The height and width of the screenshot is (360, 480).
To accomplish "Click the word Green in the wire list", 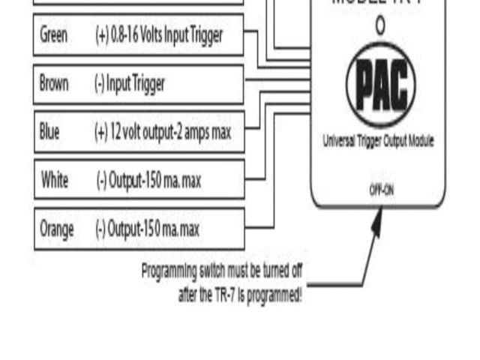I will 53,35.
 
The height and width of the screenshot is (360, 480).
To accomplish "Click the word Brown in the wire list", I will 55,84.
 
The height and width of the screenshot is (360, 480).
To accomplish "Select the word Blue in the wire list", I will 49,132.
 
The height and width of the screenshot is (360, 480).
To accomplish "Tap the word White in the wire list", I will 55,180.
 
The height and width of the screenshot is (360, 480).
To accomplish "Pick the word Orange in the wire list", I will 57,229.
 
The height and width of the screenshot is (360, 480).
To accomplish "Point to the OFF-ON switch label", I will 381,190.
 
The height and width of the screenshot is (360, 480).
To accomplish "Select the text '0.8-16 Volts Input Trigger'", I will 167,35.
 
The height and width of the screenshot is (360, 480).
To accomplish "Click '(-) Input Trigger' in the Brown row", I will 129,84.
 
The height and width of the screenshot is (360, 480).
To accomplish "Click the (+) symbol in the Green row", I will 101,35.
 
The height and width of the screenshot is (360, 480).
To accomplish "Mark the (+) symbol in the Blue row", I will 101,132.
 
